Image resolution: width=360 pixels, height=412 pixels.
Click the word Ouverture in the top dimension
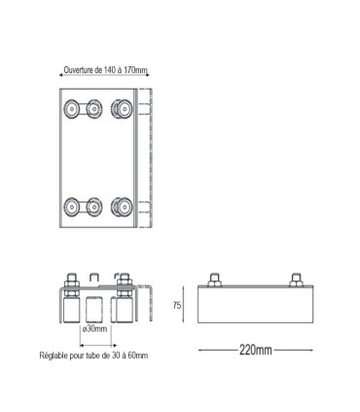[x=82, y=70]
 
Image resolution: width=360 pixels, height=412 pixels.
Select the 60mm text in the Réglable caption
[x=138, y=356]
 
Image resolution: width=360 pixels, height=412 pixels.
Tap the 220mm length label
[x=254, y=350]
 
